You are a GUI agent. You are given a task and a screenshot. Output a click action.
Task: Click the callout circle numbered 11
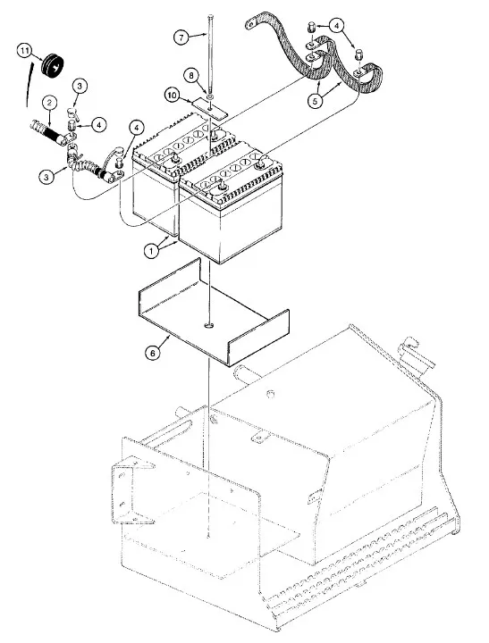tap(25, 51)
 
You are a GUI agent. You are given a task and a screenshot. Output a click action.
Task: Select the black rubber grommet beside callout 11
tap(53, 65)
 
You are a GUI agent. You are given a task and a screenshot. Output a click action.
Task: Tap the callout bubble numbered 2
tap(49, 103)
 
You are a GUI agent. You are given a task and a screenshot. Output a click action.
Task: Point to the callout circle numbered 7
tap(181, 38)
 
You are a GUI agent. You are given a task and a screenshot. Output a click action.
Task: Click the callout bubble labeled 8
tap(191, 76)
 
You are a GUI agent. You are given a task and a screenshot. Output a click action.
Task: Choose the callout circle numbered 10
tap(173, 96)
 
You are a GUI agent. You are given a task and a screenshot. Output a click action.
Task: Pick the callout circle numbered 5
tap(315, 100)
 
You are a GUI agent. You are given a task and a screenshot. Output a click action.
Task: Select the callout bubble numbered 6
tap(153, 352)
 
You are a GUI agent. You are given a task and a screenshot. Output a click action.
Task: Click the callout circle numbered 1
tap(151, 251)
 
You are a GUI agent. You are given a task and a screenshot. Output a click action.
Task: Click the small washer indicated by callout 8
tap(210, 96)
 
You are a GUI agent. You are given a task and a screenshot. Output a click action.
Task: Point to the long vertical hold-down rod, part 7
tap(210, 54)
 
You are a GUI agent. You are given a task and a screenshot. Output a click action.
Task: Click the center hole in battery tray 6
tap(209, 326)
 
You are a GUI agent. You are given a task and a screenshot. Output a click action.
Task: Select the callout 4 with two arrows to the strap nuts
tap(337, 26)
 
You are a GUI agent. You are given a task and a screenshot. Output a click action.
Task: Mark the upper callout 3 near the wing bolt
tap(80, 86)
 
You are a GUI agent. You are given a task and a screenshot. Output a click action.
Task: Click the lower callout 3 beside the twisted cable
tap(46, 177)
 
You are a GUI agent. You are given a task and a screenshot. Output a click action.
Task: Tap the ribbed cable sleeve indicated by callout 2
tap(46, 131)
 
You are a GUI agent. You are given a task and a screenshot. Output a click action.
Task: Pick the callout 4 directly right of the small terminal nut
tap(99, 124)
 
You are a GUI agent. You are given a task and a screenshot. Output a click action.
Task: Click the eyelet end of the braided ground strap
tap(250, 25)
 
